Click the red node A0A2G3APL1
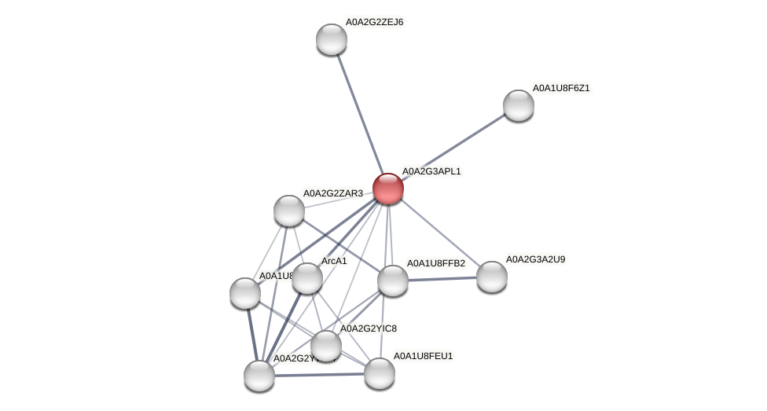coord(388,189)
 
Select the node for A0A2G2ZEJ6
coord(332,39)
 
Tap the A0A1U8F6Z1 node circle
coord(519,105)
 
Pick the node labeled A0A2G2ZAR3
coord(289,210)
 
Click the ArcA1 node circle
coord(307,278)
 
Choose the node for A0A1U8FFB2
coord(393,281)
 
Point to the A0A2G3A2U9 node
coord(492,276)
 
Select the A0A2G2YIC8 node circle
coord(326,346)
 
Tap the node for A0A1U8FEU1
coord(380,373)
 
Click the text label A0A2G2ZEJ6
coord(374,22)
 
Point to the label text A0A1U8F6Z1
coord(561,88)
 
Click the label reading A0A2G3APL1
coord(431,171)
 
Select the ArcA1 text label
coord(335,261)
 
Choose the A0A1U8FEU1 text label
coord(423,357)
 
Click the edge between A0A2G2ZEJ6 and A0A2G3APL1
coord(360,114)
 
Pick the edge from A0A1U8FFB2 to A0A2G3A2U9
coord(442,278)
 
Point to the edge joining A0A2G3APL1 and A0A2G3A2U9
coord(440,233)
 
